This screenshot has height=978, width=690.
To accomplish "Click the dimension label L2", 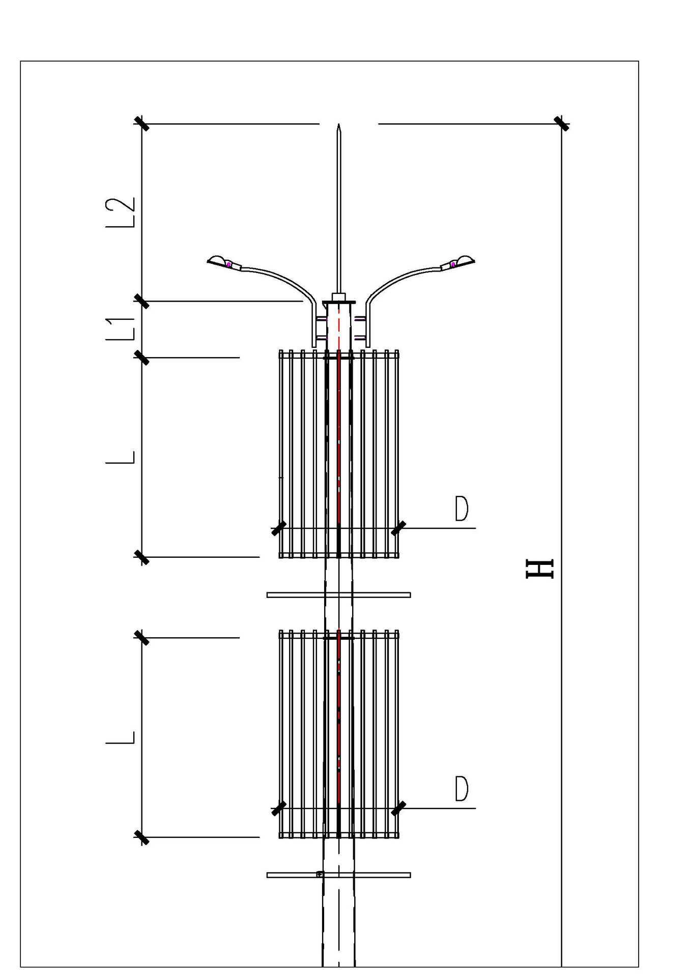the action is coord(121,212).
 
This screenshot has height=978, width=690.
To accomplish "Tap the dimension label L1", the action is coord(121,329).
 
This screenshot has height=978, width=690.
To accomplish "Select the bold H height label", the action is coord(539,569).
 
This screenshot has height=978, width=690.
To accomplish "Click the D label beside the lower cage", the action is coord(462,789).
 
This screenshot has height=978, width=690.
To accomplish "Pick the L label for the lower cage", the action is coord(121,738).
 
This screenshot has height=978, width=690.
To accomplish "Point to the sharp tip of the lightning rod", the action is coord(338,124).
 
